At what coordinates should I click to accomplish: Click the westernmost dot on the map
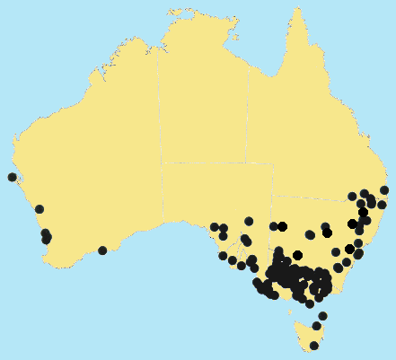[x=12, y=177]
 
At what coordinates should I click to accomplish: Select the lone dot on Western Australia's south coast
[x=102, y=250]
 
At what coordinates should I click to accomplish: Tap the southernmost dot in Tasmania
[x=314, y=346]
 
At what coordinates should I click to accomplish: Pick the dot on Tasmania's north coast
[x=316, y=326]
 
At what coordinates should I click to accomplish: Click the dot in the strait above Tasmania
[x=322, y=316]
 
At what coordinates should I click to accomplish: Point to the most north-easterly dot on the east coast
[x=384, y=190]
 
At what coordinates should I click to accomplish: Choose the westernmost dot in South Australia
[x=215, y=227]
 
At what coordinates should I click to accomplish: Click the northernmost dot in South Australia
[x=249, y=221]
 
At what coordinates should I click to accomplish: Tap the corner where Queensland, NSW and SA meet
[x=273, y=196]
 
